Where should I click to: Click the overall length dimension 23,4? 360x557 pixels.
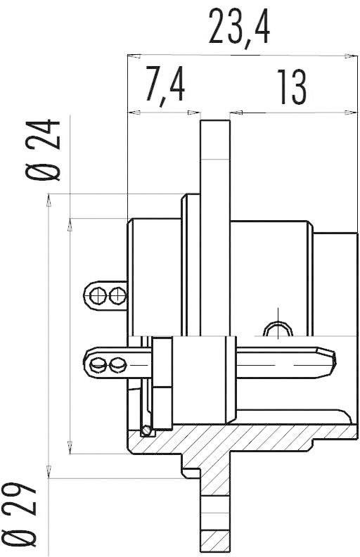[240, 27]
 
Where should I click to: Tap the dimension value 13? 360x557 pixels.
[290, 86]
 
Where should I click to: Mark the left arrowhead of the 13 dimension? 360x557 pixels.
[235, 111]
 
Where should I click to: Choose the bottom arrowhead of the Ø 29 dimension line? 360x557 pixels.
[49, 475]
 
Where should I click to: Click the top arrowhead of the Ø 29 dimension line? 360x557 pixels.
[49, 198]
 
